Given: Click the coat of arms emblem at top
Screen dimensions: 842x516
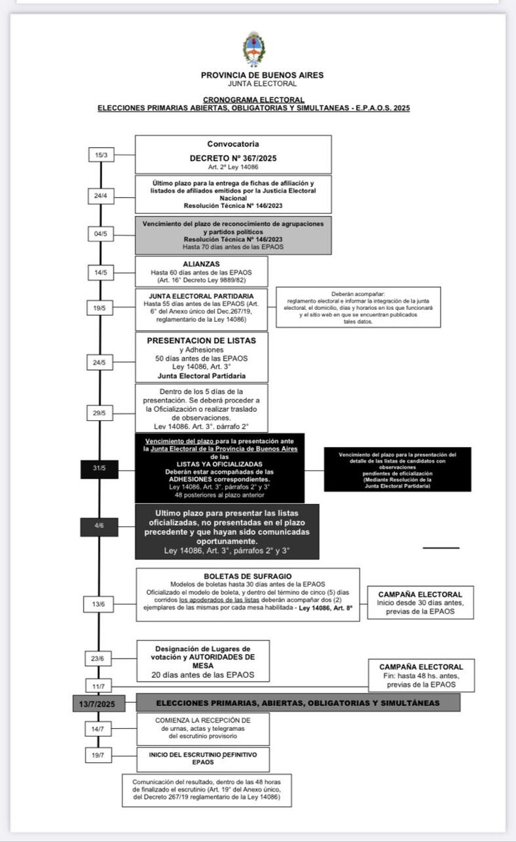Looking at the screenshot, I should pyautogui.click(x=254, y=49).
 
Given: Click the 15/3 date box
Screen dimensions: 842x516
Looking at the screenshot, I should pyautogui.click(x=101, y=155).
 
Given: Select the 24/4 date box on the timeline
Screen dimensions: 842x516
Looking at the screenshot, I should pyautogui.click(x=101, y=195).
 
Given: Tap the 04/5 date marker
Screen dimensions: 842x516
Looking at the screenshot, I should pyautogui.click(x=101, y=234).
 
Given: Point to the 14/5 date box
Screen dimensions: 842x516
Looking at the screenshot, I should pyautogui.click(x=101, y=271).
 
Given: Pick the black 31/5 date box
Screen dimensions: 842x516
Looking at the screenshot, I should pyautogui.click(x=99, y=469).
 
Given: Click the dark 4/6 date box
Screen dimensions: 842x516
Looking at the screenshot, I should pyautogui.click(x=99, y=526).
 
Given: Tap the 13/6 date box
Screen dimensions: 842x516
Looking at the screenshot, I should pyautogui.click(x=99, y=604).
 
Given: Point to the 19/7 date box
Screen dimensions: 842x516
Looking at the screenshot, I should pyautogui.click(x=99, y=755).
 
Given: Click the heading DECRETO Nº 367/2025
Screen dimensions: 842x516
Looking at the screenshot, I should pyautogui.click(x=233, y=158).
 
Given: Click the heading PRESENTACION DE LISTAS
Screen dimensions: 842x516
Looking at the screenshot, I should pyautogui.click(x=201, y=341).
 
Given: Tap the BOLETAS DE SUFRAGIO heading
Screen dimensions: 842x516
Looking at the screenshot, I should pyautogui.click(x=248, y=575).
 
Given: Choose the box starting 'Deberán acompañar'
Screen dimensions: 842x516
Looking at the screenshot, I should pyautogui.click(x=358, y=307).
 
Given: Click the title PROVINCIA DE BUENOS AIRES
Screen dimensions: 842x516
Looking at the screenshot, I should pyautogui.click(x=262, y=75).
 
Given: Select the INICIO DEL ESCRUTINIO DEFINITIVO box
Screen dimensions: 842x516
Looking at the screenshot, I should pyautogui.click(x=202, y=758).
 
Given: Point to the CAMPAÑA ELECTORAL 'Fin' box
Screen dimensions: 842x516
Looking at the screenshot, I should pyautogui.click(x=421, y=675).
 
